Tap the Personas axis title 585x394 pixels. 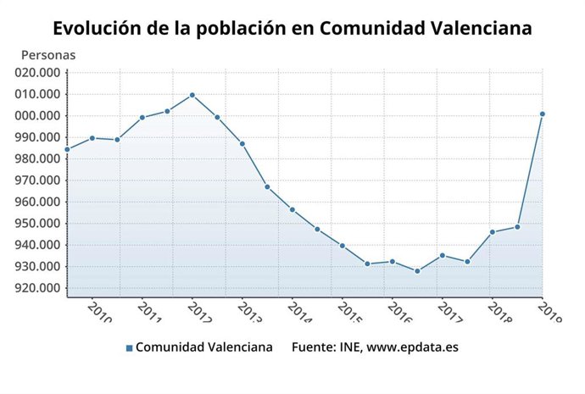pyautogui.click(x=48, y=55)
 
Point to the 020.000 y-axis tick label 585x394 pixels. pyautogui.click(x=38, y=73)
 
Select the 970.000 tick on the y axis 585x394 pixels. pyautogui.click(x=38, y=180)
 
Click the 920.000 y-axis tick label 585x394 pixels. pyautogui.click(x=38, y=288)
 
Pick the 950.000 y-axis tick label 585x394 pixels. pyautogui.click(x=38, y=224)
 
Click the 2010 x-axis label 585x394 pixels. pyautogui.click(x=98, y=311)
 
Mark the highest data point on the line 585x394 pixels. pyautogui.click(x=192, y=95)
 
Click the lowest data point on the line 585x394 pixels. pyautogui.click(x=417, y=271)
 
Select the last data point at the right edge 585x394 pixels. pyautogui.click(x=542, y=114)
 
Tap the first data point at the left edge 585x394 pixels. pyautogui.click(x=68, y=149)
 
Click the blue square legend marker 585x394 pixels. pyautogui.click(x=129, y=348)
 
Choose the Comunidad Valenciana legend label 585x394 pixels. pyautogui.click(x=204, y=347)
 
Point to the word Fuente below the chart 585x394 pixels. pyautogui.click(x=313, y=347)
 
